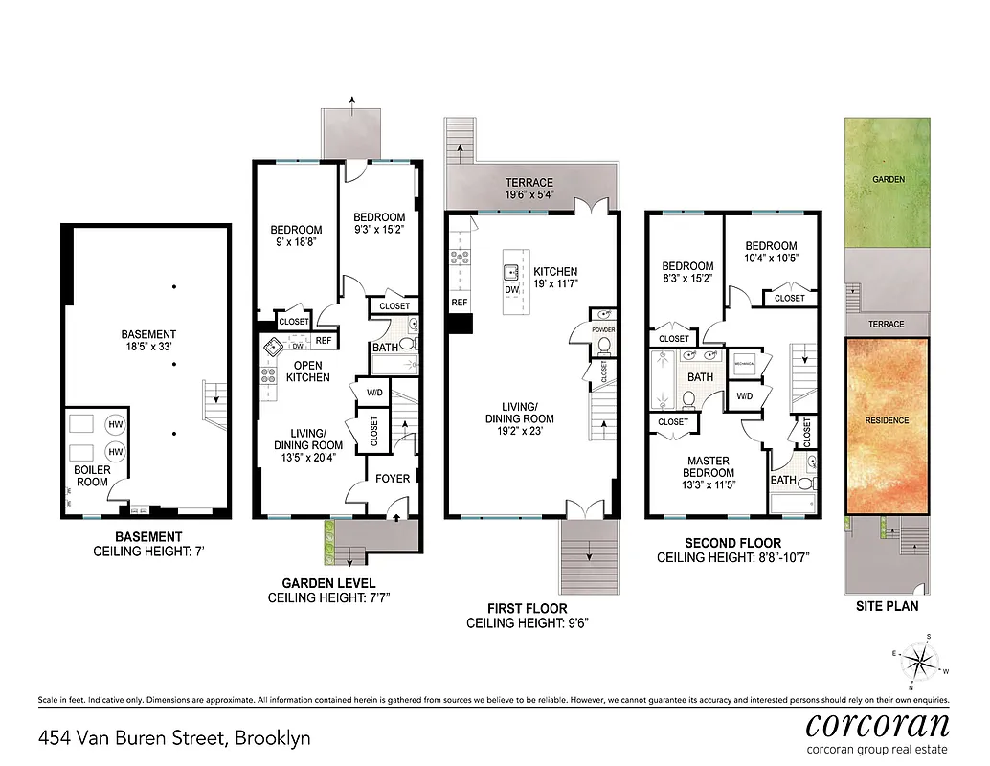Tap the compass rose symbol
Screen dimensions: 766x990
[x=921, y=660]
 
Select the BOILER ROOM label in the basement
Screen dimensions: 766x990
[x=92, y=476]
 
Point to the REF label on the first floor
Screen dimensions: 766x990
[x=460, y=303]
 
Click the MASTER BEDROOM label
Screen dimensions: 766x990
[x=709, y=466]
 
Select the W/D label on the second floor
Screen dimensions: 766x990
[x=744, y=395]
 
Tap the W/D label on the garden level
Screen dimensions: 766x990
[x=374, y=392]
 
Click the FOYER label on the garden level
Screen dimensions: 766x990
[x=393, y=478]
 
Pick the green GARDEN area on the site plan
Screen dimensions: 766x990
[x=887, y=180]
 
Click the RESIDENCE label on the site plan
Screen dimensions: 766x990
[x=887, y=420]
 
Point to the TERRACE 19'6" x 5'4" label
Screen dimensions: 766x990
[x=529, y=189]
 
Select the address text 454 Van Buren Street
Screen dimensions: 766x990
[x=174, y=738]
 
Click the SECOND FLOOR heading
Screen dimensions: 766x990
[x=732, y=543]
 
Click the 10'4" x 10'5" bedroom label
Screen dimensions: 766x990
[x=771, y=252]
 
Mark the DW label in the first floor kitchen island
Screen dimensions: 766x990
[x=511, y=289]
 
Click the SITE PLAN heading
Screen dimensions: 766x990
[x=887, y=606]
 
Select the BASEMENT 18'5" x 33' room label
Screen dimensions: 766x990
[x=147, y=340]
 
